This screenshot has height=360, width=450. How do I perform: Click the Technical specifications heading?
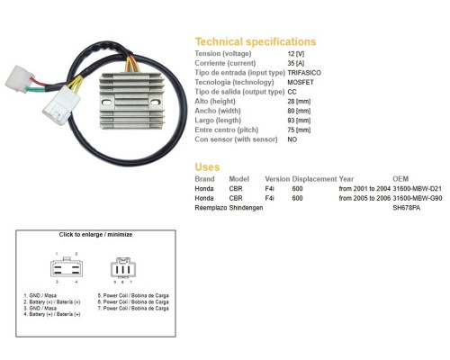(x=256, y=41)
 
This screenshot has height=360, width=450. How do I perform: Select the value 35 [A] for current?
(x=296, y=63)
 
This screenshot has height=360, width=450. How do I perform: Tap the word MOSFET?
(x=301, y=82)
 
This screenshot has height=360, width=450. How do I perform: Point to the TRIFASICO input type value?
(x=304, y=73)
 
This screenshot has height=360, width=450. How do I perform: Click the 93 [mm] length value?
(x=299, y=121)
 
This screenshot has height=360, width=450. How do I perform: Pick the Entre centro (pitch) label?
(x=227, y=130)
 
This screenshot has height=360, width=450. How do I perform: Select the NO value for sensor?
(x=292, y=139)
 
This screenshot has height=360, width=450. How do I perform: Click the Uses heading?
(x=207, y=166)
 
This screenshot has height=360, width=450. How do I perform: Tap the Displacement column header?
(x=314, y=179)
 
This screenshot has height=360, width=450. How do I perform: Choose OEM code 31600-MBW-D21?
(x=418, y=189)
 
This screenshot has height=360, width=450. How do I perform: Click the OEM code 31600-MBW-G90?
(x=418, y=198)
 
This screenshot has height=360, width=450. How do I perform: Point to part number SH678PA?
(x=407, y=208)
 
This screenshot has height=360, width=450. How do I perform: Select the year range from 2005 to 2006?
(x=364, y=198)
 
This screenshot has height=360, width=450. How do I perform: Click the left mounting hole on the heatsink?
(x=107, y=103)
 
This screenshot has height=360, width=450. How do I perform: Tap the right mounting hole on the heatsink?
(x=155, y=103)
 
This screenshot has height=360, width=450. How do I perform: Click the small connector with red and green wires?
(x=19, y=79)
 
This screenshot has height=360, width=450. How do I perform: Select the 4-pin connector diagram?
(x=67, y=267)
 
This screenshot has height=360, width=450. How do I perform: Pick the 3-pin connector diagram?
(x=123, y=267)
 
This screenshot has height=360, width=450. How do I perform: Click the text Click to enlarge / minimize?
(x=95, y=235)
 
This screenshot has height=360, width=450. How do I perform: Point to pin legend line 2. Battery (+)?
(x=52, y=301)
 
